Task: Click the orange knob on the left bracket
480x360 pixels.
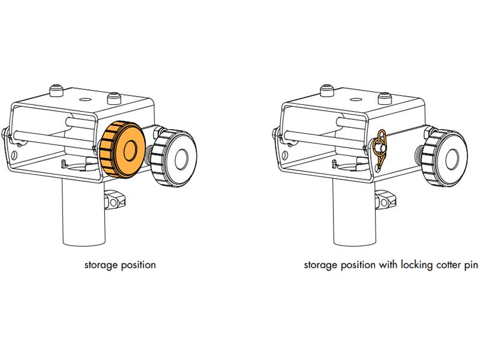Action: click(122, 149)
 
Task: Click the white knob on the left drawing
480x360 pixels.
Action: click(173, 158)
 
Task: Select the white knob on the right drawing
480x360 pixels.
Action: click(445, 158)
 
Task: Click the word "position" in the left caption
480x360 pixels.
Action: click(139, 265)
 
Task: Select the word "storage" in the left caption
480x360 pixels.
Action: click(101, 265)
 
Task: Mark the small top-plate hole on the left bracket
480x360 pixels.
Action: click(84, 99)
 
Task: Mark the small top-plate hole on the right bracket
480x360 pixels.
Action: click(355, 100)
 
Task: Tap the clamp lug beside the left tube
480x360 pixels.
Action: click(115, 199)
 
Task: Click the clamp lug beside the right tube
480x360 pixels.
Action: click(386, 199)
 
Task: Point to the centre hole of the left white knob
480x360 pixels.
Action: click(181, 158)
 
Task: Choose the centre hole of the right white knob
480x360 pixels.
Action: click(452, 159)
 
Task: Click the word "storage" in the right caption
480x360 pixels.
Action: click(320, 265)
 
